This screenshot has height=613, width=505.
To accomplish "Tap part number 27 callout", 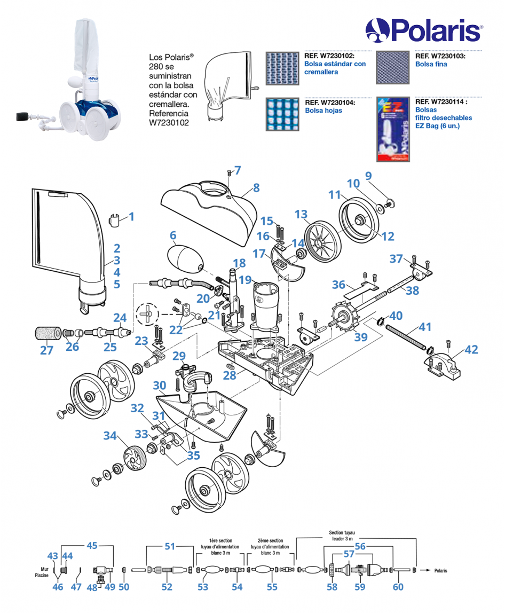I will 47,350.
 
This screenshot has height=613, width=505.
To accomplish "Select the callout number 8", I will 256,187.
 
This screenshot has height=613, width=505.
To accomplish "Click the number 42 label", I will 471,350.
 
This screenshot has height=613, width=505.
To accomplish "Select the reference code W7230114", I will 441,102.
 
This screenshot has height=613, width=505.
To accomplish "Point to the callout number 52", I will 167,587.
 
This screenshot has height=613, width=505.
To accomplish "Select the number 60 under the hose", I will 398,587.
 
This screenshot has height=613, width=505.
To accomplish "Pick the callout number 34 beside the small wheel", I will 110,436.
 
